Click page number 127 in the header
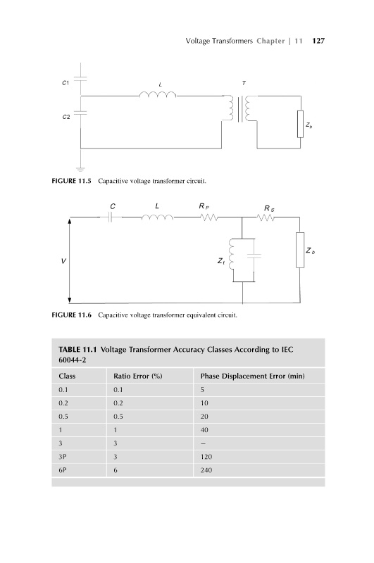click(318, 41)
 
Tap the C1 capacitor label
click(66, 83)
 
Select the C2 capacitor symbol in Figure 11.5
click(80, 113)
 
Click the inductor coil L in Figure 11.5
click(158, 94)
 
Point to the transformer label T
click(244, 83)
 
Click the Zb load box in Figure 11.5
click(300, 125)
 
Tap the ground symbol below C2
click(80, 169)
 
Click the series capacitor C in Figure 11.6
click(111, 217)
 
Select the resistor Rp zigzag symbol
click(208, 217)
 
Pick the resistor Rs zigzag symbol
click(266, 217)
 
